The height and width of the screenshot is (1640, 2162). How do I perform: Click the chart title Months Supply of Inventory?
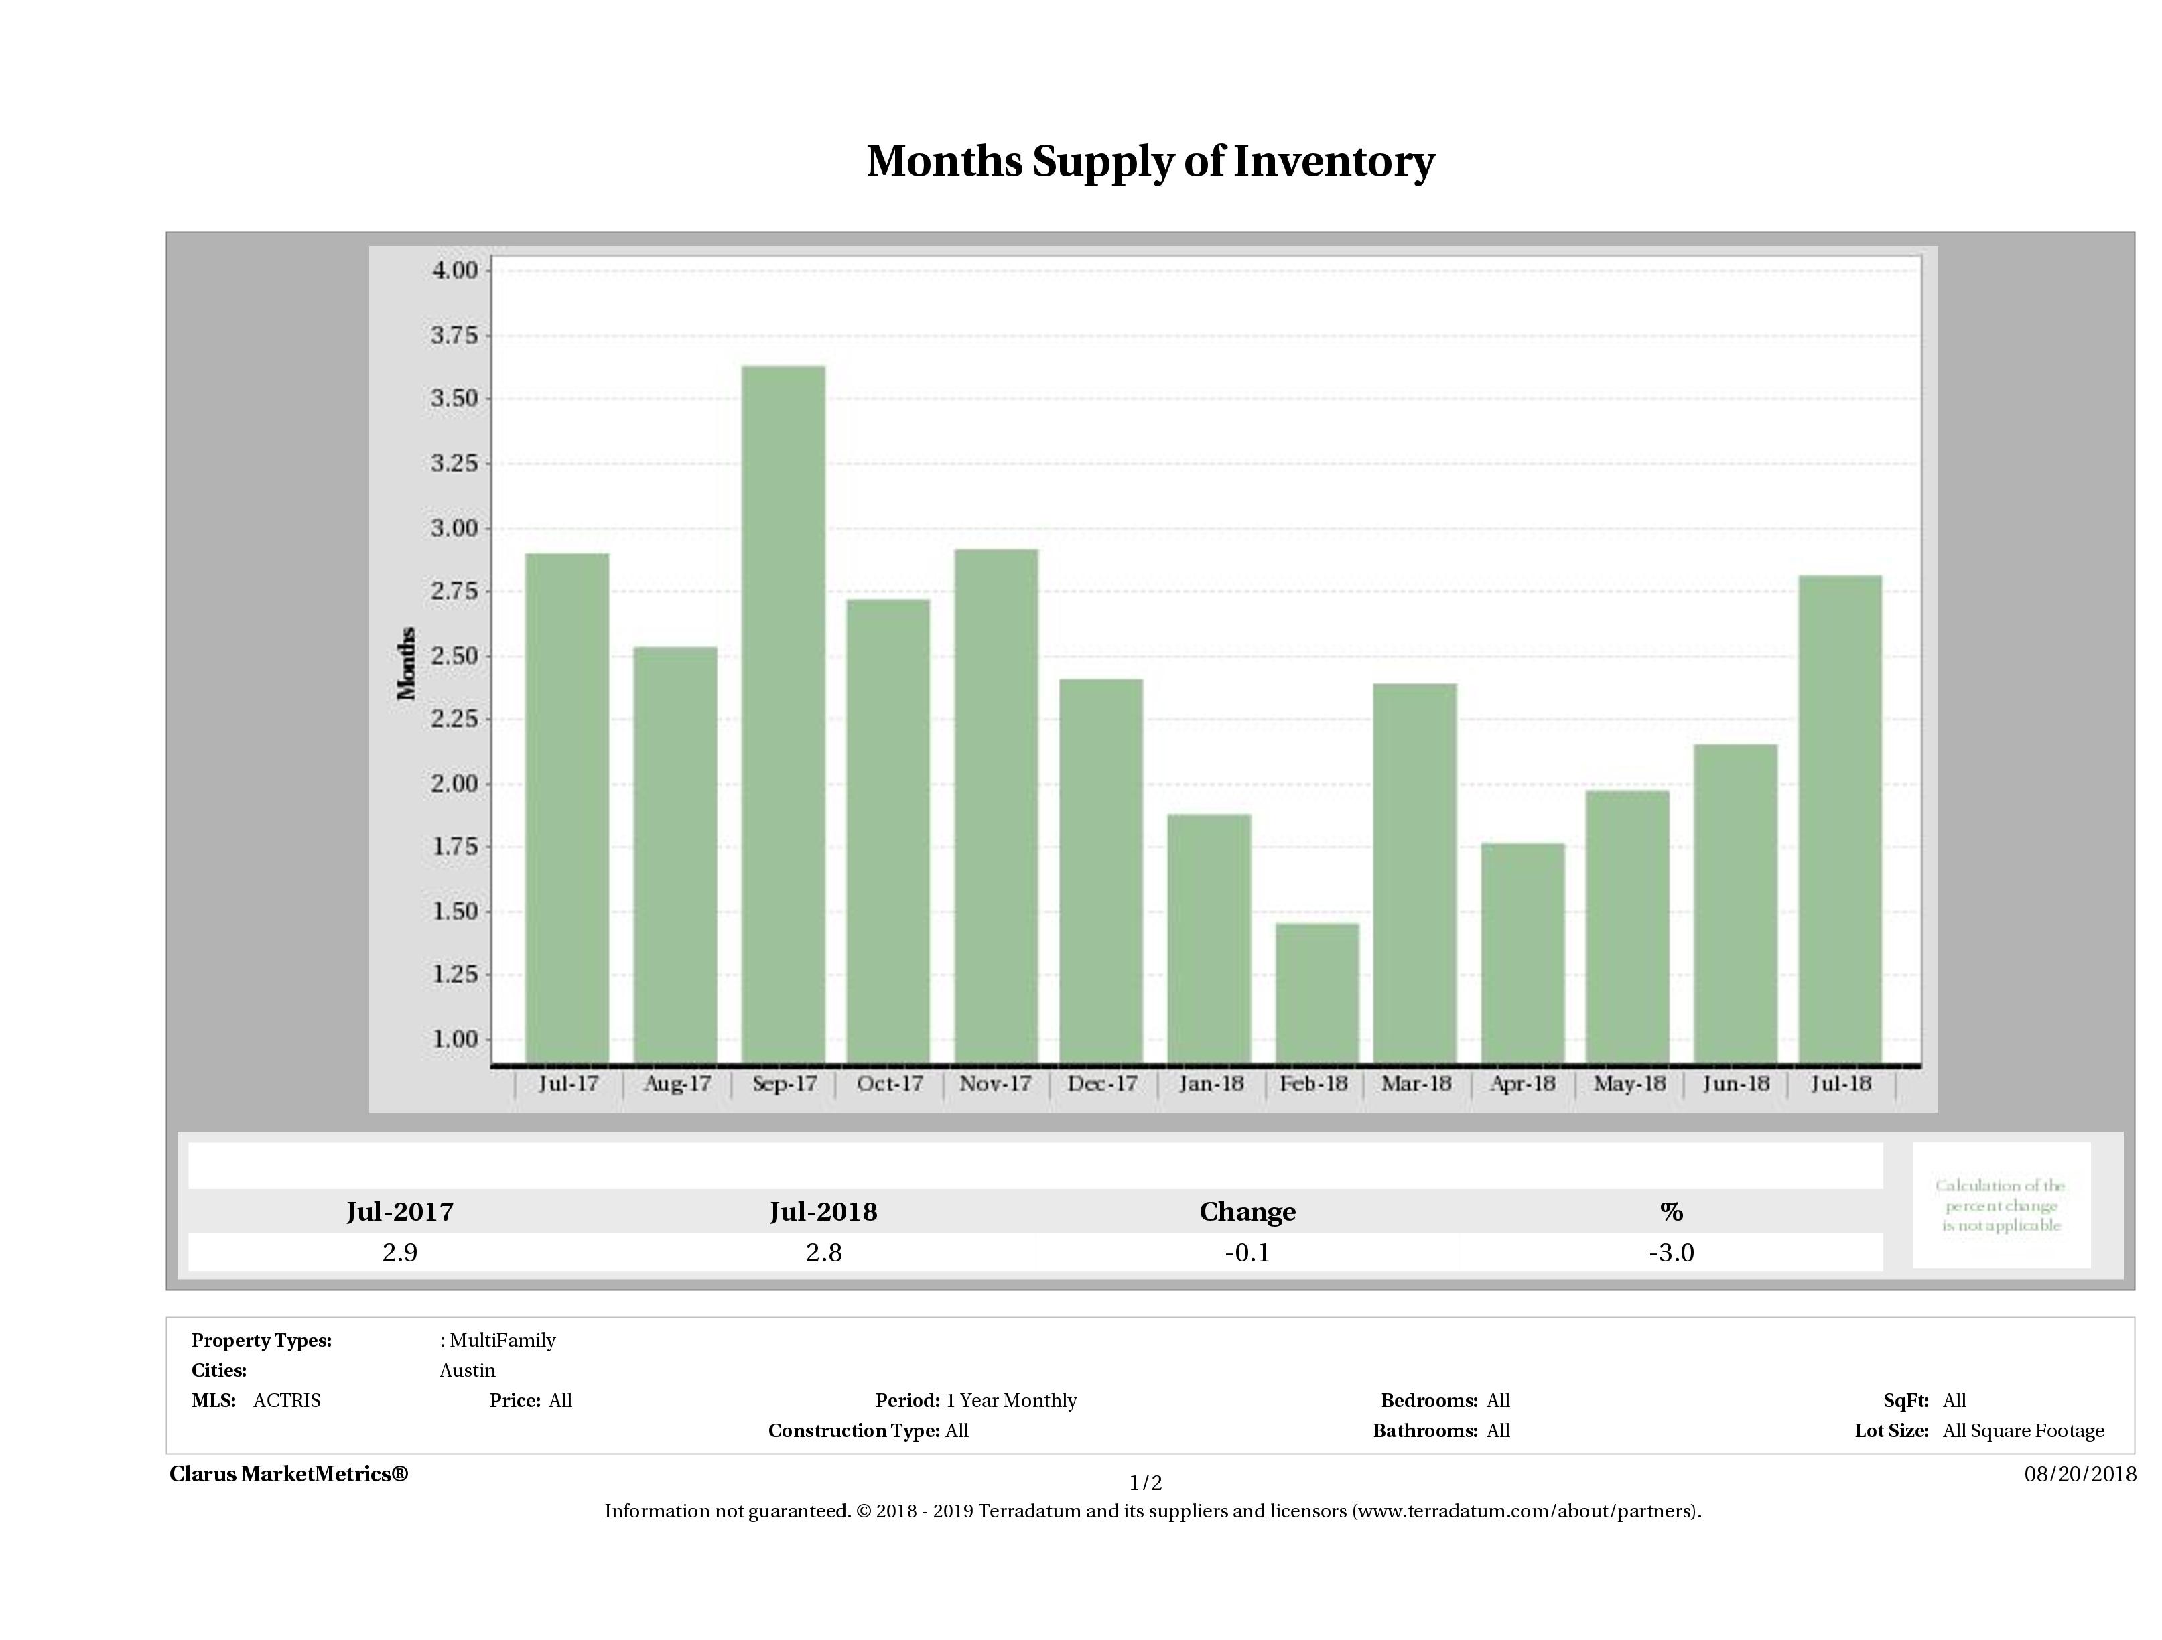pyautogui.click(x=1150, y=161)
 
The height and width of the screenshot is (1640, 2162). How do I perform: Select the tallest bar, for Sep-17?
pyautogui.click(x=783, y=713)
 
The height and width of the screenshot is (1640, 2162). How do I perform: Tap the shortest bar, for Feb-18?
pyautogui.click(x=1316, y=992)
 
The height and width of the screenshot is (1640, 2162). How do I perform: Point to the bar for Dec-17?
pyautogui.click(x=1101, y=870)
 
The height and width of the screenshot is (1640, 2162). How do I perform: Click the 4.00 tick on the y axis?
pyautogui.click(x=454, y=270)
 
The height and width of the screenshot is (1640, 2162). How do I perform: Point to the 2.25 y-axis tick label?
pyautogui.click(x=454, y=720)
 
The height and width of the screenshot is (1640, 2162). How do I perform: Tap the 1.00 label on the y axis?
pyautogui.click(x=454, y=1039)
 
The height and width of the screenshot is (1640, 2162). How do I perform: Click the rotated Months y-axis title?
pyautogui.click(x=407, y=663)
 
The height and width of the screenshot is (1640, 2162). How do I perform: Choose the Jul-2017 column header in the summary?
pyautogui.click(x=400, y=1212)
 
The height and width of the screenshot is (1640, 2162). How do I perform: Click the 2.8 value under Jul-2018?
pyautogui.click(x=823, y=1253)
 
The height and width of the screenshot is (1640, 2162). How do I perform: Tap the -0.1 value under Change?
pyautogui.click(x=1247, y=1253)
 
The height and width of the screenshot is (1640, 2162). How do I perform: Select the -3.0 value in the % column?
pyautogui.click(x=1670, y=1253)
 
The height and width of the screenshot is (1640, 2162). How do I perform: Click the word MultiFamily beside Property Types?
pyautogui.click(x=502, y=1340)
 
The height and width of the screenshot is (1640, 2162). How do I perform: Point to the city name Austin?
pyautogui.click(x=467, y=1370)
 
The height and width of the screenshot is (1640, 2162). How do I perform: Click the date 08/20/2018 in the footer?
pyautogui.click(x=2080, y=1474)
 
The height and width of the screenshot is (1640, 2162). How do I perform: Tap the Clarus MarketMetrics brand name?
pyautogui.click(x=288, y=1474)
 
